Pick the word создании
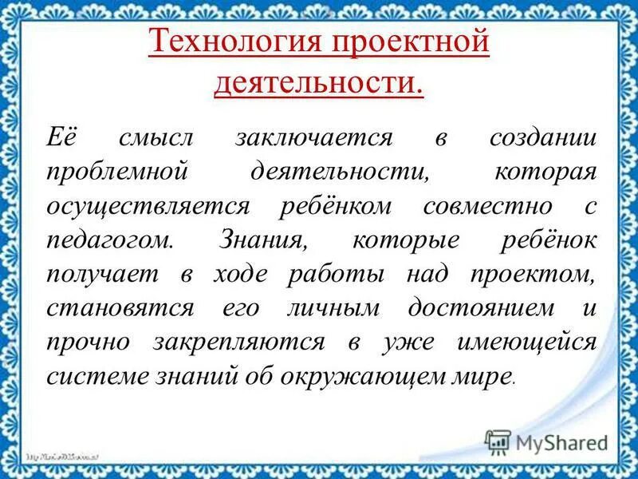pyautogui.click(x=542, y=137)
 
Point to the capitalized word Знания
pyautogui.click(x=266, y=240)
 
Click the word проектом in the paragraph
pyautogui.click(x=529, y=275)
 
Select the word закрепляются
pyautogui.click(x=252, y=342)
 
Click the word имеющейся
pyautogui.click(x=526, y=342)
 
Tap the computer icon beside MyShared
pyautogui.click(x=498, y=442)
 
